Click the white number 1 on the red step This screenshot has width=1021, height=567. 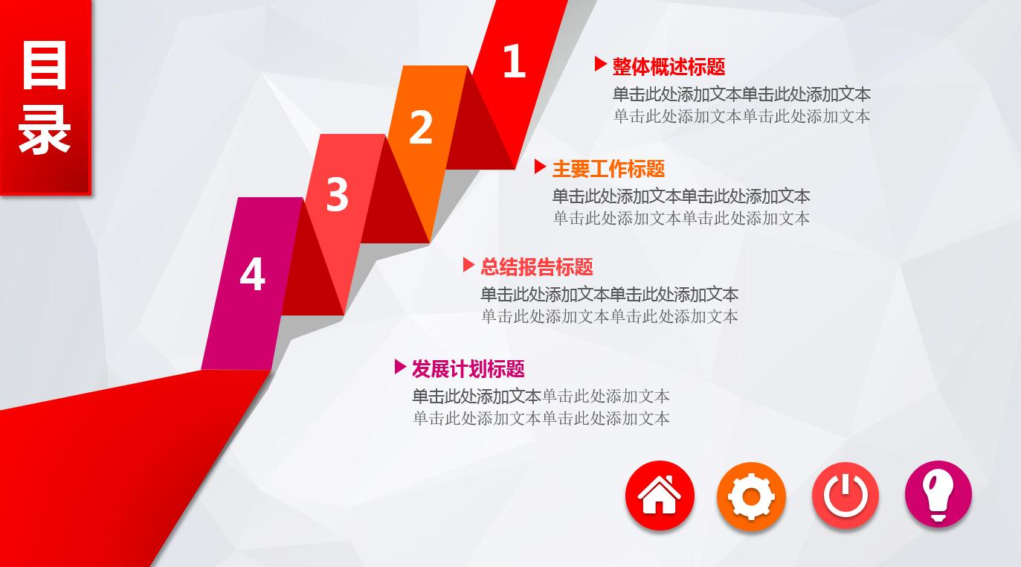[x=514, y=61]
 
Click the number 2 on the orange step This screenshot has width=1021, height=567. [x=421, y=127]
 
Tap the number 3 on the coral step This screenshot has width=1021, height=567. [x=337, y=195]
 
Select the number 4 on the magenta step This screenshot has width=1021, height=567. [x=252, y=274]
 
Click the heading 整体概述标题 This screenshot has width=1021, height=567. [x=669, y=67]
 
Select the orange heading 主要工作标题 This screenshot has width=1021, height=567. [x=608, y=169]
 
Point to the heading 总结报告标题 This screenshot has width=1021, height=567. [x=536, y=266]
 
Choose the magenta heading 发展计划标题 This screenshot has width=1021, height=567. [x=468, y=368]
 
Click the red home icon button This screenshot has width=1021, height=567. [x=660, y=496]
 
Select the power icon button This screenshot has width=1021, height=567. [x=846, y=495]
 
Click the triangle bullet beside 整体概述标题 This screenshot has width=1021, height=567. [x=600, y=65]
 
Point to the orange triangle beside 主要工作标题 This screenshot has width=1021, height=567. [x=540, y=167]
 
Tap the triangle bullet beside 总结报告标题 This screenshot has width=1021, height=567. [x=468, y=264]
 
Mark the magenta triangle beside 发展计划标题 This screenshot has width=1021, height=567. [x=400, y=366]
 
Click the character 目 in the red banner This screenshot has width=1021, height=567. [x=45, y=65]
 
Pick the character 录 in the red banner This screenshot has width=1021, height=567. [x=45, y=129]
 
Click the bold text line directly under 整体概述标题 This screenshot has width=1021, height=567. [x=741, y=94]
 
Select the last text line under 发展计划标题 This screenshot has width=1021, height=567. [x=541, y=418]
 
